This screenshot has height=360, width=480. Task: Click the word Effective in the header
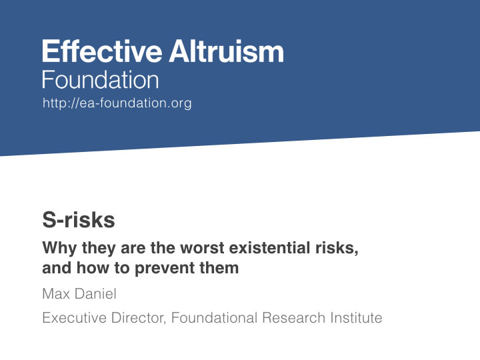(x=102, y=51)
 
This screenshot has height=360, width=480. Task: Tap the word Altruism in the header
(x=227, y=51)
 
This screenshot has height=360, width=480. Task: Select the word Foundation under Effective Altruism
(x=101, y=79)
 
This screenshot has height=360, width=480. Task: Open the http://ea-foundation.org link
(x=117, y=103)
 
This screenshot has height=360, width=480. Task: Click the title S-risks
(x=79, y=220)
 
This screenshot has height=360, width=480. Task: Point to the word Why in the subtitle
(x=60, y=248)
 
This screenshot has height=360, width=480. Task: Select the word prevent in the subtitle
(x=165, y=269)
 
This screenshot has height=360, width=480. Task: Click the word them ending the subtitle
(x=219, y=267)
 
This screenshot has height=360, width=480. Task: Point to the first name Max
(x=56, y=294)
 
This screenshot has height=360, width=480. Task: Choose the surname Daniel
(x=95, y=293)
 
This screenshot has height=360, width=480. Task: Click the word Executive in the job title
(x=75, y=318)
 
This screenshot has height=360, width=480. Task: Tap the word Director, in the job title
(x=139, y=318)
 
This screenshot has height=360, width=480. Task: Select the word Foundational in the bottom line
(x=214, y=318)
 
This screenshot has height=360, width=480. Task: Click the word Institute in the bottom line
(x=356, y=318)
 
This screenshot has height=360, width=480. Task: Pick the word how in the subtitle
(x=93, y=267)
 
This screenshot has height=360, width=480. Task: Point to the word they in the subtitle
(x=99, y=248)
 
